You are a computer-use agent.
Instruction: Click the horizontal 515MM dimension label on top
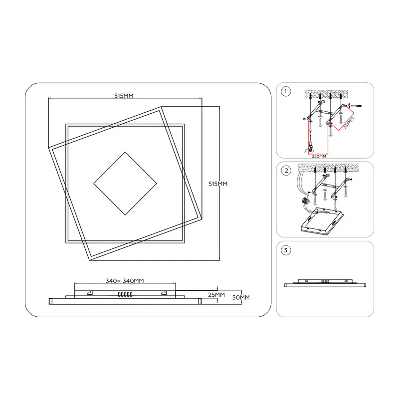point(124,96)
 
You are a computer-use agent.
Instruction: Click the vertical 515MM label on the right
point(218,184)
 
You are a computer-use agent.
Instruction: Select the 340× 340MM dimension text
point(125,281)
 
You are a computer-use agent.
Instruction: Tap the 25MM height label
point(216,295)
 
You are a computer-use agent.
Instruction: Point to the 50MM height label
point(241,297)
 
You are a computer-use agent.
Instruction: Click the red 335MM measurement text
point(349,123)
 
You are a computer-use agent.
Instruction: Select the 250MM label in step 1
point(319,156)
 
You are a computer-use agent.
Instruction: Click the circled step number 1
point(286,91)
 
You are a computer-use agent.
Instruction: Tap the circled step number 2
point(286,171)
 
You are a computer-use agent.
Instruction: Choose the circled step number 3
point(286,250)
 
